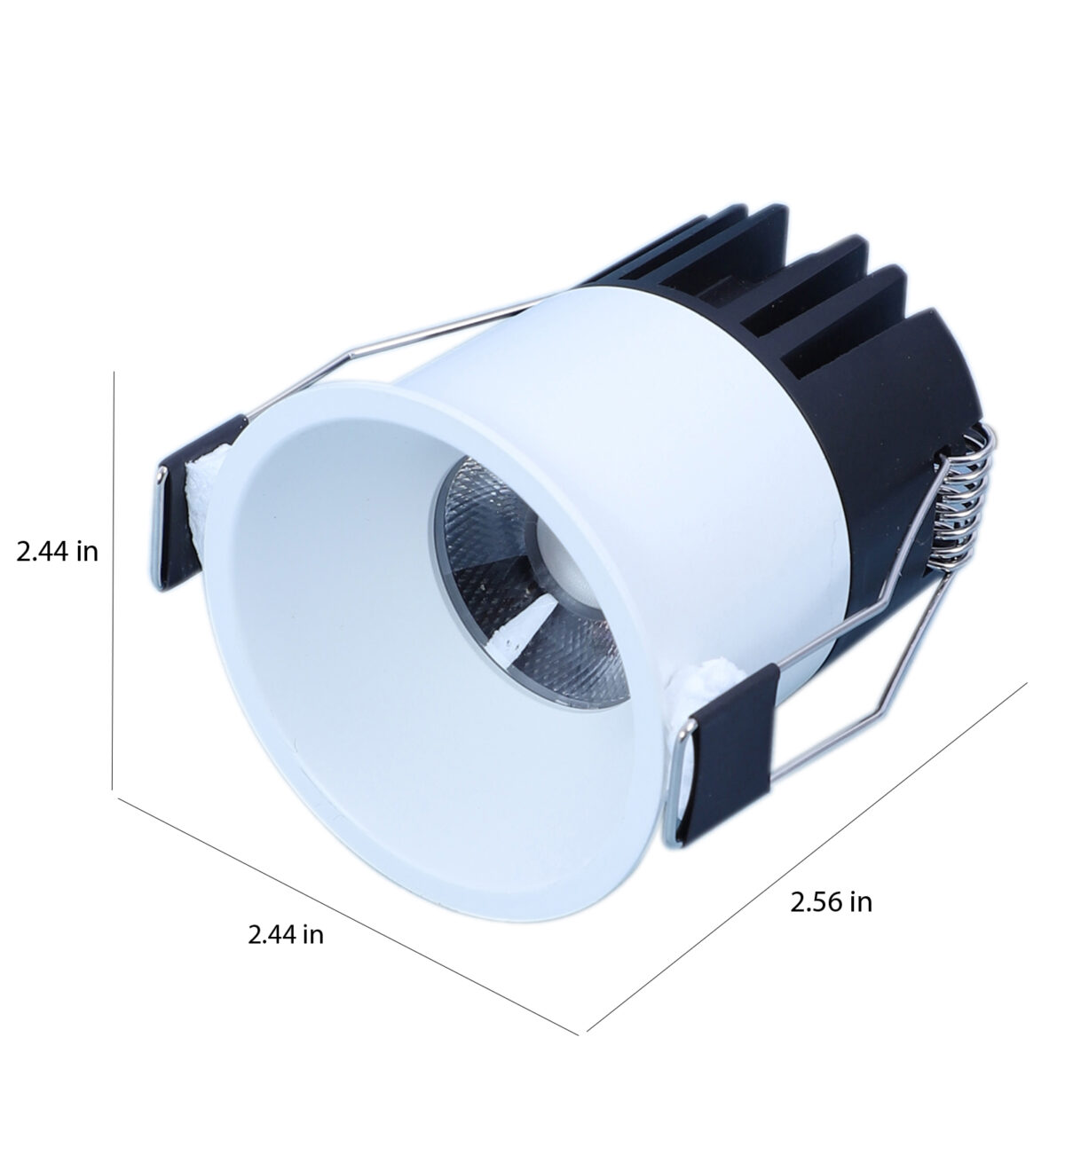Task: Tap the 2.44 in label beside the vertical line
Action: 58,551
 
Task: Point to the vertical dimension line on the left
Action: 113,579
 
